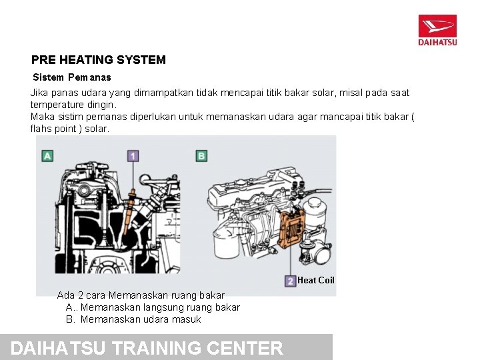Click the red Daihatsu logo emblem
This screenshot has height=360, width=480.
coord(437,27)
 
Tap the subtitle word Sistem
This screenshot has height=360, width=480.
coord(48,77)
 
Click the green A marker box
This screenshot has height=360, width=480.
coord(47,156)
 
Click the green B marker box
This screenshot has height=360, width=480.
coord(201,156)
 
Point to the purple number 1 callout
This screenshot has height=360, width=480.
coord(133,156)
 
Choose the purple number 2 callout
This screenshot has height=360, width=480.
coord(290,281)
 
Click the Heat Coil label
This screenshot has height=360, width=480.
coord(316,281)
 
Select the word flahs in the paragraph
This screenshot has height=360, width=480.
coord(43,129)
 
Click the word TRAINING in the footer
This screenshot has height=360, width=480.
coord(157,348)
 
